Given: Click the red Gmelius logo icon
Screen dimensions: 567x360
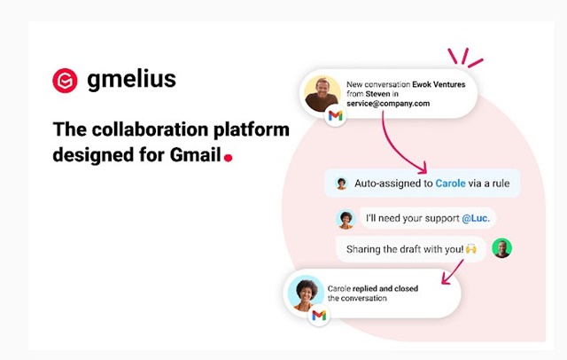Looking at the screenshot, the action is click(x=65, y=81).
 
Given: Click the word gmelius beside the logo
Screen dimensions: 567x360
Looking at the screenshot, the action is click(x=132, y=79).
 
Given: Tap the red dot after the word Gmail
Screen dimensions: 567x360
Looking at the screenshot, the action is click(x=229, y=158).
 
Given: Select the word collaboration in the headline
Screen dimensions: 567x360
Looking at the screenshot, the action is click(x=150, y=129).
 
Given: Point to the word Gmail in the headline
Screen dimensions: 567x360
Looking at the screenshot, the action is click(x=195, y=154).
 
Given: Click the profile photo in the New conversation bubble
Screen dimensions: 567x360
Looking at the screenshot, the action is click(x=322, y=94).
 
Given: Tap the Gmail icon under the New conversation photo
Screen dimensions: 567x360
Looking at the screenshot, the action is click(x=336, y=116).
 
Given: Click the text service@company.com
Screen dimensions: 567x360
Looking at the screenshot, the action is click(x=388, y=104).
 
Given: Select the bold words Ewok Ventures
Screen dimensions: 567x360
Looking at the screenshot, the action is click(x=439, y=84).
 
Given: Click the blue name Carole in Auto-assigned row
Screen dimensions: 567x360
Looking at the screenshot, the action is click(x=450, y=183).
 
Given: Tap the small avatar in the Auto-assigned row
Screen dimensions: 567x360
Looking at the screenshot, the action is click(x=341, y=184).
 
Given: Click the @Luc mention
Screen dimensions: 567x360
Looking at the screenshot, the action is click(x=476, y=218).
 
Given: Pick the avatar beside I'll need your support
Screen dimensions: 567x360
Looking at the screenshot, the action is click(x=346, y=219).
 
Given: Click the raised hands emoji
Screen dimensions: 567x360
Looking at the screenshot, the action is click(x=470, y=248).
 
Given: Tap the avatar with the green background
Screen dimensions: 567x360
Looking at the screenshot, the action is click(x=502, y=248).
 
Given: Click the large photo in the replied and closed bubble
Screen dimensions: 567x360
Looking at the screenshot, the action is click(x=306, y=293).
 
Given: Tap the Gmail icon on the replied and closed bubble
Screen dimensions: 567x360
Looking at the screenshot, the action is click(x=319, y=316).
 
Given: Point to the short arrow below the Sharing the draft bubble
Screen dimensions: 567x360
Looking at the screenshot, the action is click(x=452, y=272).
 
